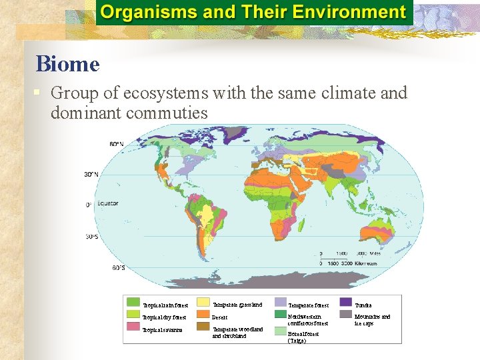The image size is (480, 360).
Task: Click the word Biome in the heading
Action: point(67,65)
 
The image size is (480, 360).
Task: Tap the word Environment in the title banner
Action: point(351,12)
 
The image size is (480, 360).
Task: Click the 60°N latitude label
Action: point(117,144)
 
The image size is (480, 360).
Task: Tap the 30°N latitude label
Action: point(91,175)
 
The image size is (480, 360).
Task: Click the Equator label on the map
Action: point(108,203)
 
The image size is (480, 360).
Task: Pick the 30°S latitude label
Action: point(92,237)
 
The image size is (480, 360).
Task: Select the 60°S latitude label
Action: point(117,268)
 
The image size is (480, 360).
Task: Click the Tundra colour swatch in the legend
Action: point(346,303)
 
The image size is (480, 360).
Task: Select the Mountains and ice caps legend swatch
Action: point(346,314)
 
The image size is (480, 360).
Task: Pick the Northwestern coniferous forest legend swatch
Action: point(280,314)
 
